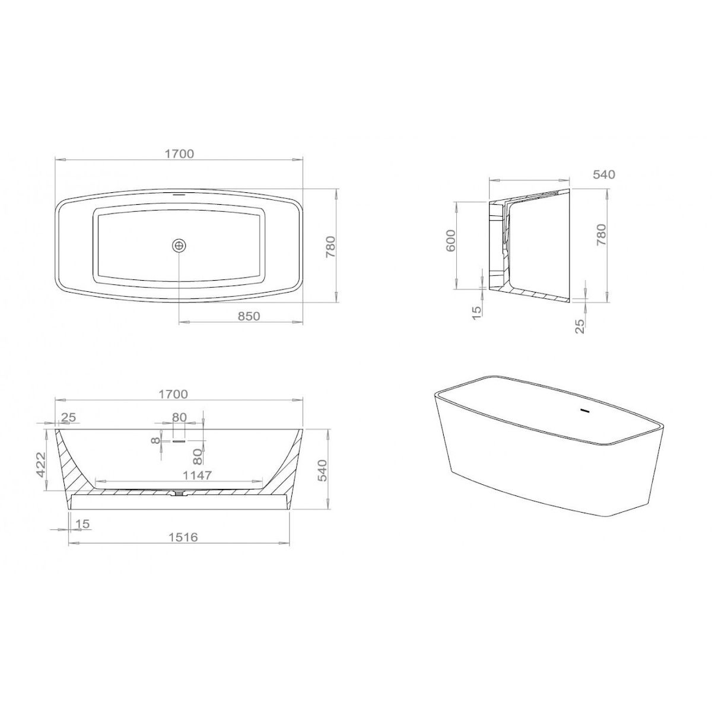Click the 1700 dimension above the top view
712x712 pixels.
click(x=179, y=154)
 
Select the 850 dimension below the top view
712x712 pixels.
click(x=248, y=316)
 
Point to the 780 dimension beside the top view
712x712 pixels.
click(x=330, y=246)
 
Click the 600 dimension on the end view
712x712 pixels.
click(x=450, y=241)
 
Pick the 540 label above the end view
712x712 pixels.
click(x=604, y=174)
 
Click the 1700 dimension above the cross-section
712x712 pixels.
click(x=173, y=394)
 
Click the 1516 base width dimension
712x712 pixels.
click(x=182, y=537)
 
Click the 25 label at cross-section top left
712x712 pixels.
click(x=68, y=417)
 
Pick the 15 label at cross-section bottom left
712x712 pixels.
click(x=82, y=523)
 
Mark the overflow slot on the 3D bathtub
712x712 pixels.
click(x=584, y=411)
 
